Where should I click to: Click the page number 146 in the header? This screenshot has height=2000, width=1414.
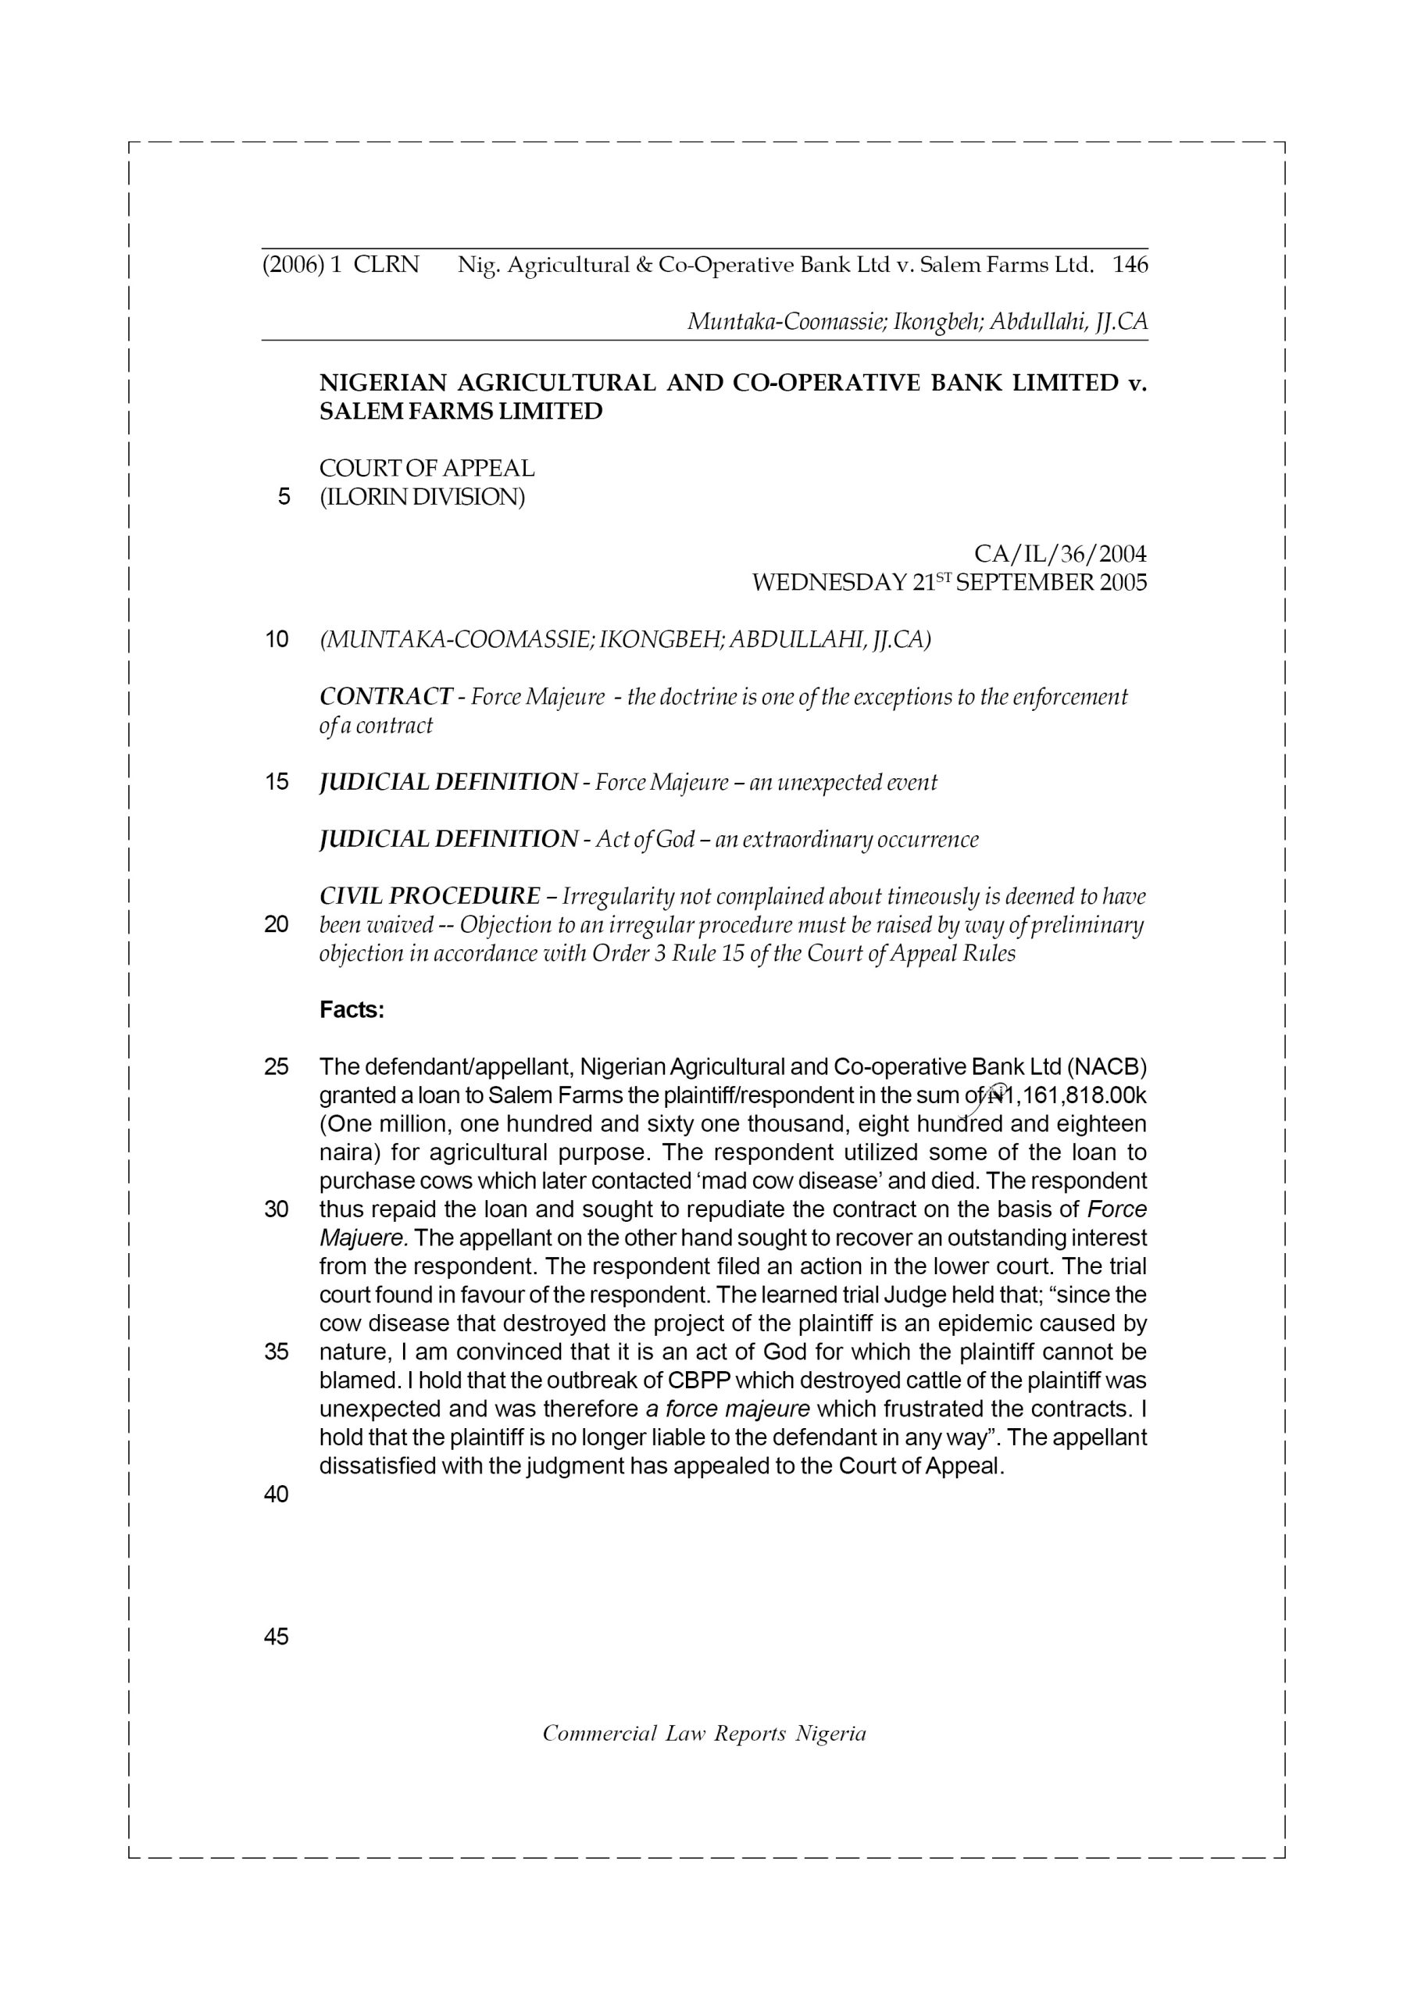(1130, 265)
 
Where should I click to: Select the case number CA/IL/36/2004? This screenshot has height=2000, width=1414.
(1059, 554)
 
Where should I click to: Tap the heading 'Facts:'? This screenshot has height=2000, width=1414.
(352, 1009)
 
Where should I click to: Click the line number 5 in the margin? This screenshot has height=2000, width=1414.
(283, 498)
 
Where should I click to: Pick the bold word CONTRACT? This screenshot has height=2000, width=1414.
(386, 697)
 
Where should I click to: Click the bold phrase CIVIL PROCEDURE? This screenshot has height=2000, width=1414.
(430, 896)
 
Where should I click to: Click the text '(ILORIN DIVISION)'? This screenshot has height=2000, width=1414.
(423, 498)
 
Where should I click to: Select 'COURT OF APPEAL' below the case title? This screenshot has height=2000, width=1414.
(427, 469)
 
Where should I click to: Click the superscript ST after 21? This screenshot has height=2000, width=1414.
(944, 577)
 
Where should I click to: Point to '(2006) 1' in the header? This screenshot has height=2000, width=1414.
(302, 265)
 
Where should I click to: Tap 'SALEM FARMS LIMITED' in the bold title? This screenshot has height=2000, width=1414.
(461, 411)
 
